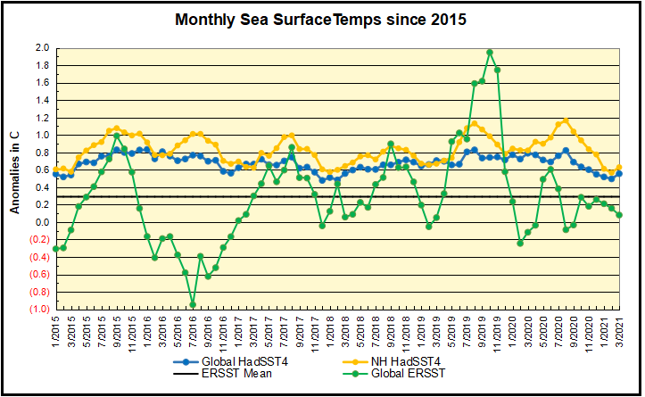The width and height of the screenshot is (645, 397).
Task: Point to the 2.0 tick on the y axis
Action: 41,47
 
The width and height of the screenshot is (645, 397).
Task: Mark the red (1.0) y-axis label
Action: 40,309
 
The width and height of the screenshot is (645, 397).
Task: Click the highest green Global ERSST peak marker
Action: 490,53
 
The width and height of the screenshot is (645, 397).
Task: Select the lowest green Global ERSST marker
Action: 193,304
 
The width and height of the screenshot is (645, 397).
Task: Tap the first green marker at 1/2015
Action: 56,248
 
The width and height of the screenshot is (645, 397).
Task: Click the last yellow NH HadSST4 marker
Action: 619,168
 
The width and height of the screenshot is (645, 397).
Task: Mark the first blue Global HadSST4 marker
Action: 56,174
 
